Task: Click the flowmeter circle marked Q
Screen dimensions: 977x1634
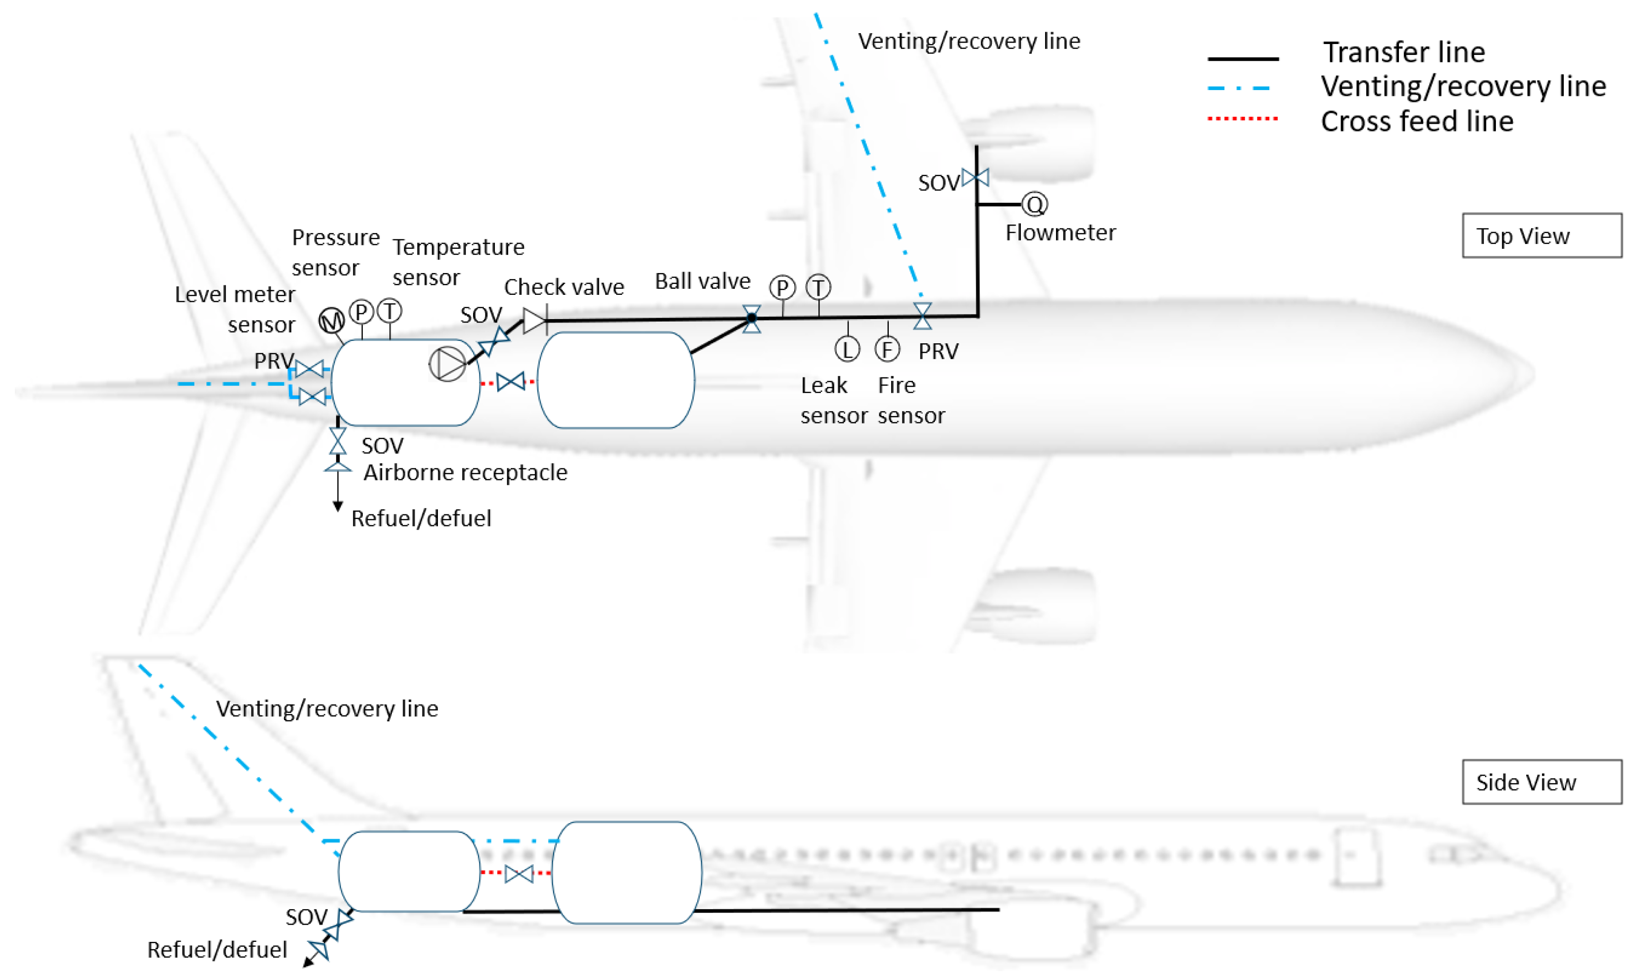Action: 1034,204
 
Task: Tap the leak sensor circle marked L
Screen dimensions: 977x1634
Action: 847,350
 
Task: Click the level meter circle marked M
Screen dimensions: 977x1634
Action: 331,321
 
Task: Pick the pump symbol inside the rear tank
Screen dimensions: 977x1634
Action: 447,364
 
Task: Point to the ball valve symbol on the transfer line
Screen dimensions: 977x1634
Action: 752,319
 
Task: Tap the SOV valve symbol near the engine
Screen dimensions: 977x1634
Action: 975,177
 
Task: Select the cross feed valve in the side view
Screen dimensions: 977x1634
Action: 519,874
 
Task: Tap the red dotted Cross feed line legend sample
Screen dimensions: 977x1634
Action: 1242,119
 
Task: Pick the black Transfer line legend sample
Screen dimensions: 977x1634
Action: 1242,58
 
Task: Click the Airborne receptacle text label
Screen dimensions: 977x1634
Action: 465,473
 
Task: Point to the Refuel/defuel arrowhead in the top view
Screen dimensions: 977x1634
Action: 338,506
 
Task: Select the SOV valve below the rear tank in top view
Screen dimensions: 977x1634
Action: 338,441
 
